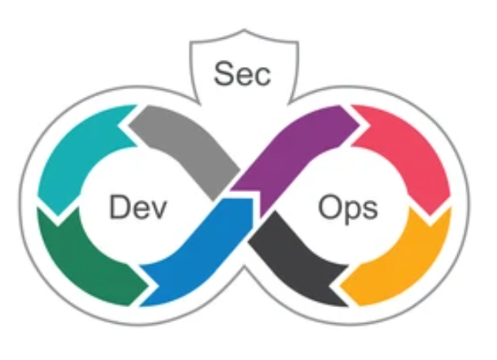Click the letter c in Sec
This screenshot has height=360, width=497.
(262, 76)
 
